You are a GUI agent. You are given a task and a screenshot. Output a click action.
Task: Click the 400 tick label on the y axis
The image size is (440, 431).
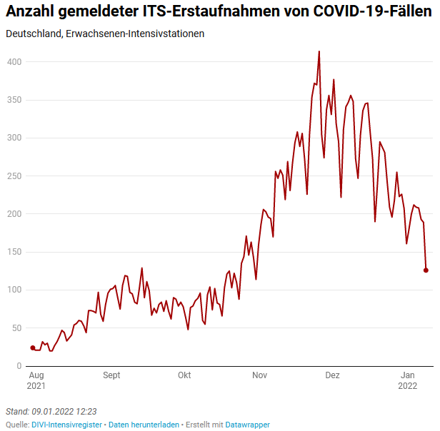pos(14,62)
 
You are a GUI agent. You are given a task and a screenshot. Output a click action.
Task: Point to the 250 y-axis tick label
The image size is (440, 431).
pos(14,176)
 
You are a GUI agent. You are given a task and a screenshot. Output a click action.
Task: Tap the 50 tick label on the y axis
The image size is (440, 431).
pos(16,328)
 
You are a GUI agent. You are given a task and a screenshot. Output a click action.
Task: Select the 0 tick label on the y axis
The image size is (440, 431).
pos(19,365)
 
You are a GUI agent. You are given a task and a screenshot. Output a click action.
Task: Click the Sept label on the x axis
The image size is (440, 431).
pos(111,375)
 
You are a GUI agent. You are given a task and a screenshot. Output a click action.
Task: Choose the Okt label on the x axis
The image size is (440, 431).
pos(184,375)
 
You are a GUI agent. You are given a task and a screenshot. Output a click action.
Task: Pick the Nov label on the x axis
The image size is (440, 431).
pos(259,375)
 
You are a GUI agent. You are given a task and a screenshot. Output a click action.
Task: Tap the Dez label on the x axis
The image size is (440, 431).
pos(332,375)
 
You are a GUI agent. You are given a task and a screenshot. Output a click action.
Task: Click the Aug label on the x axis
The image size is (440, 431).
pos(36,375)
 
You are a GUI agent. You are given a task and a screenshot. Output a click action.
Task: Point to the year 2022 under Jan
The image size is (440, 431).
pos(408,385)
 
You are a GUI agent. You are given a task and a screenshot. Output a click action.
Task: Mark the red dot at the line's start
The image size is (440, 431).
pos(32,348)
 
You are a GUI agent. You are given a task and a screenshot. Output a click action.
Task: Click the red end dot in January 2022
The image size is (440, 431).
pos(426,270)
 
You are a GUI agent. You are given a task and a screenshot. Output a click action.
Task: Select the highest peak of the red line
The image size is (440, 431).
pos(319,51)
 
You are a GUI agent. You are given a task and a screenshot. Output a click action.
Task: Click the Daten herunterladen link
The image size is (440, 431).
pos(144,424)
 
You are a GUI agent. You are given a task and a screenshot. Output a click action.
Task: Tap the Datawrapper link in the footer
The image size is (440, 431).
pos(247,424)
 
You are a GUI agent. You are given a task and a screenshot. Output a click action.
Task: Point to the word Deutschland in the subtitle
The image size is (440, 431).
pos(32,34)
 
